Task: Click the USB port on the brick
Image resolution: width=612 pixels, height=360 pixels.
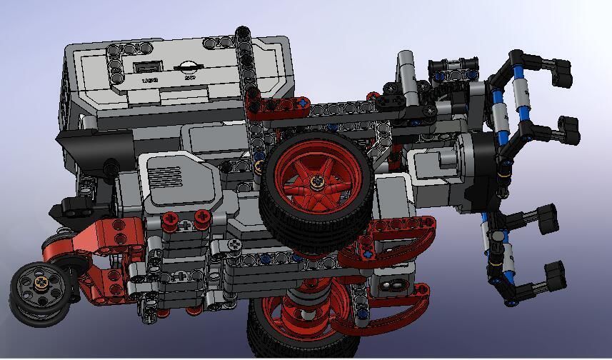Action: coord(149,67)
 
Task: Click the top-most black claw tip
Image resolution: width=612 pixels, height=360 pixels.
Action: coord(562,69)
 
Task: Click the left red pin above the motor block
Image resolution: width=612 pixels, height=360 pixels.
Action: coord(172,219)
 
